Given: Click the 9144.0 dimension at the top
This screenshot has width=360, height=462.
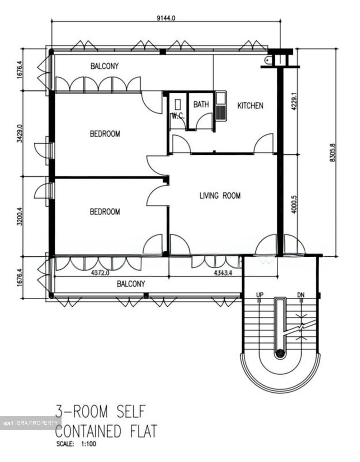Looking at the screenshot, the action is point(166,18).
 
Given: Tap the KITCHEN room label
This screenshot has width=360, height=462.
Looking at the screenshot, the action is point(250,106).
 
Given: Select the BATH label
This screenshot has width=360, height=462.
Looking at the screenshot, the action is point(201,104).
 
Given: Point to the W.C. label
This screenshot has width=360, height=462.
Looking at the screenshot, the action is point(178,116).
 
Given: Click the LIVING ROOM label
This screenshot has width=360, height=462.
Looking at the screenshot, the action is point(220,196).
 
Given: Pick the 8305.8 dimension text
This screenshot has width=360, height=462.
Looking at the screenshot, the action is point(333,153).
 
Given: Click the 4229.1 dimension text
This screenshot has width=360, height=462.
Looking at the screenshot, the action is point(294,101).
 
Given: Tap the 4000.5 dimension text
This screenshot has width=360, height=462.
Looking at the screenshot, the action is point(294,204).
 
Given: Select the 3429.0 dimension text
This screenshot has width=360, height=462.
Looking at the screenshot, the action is point(20,133).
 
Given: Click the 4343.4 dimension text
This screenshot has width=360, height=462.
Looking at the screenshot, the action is point(223,273).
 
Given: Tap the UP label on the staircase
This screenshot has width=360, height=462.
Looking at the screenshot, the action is point(260,295).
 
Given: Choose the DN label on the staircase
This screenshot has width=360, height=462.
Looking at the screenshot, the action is point(301,295).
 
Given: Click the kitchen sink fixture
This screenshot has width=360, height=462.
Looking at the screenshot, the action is point(221,106).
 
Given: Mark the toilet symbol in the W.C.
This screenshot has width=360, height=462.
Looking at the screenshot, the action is point(178,105).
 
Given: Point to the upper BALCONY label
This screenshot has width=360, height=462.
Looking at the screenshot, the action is point(105,66).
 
